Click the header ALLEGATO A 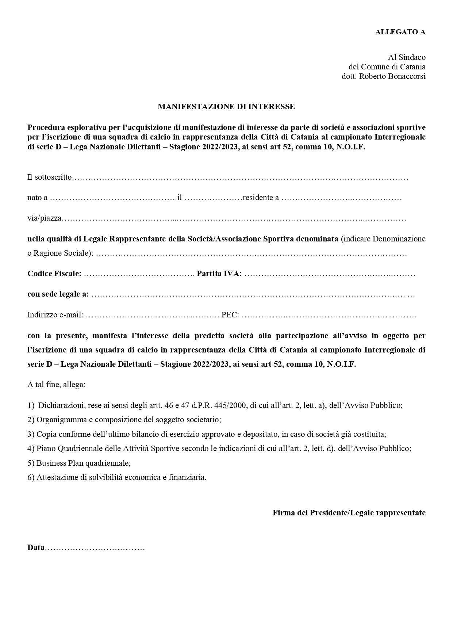pyautogui.click(x=400, y=32)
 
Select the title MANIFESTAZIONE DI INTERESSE pyautogui.click(x=226, y=107)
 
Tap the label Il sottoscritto pyautogui.click(x=50, y=178)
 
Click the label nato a pyautogui.click(x=37, y=198)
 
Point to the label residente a pyautogui.click(x=261, y=198)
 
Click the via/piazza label pyautogui.click(x=44, y=218)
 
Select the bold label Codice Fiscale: pyautogui.click(x=54, y=274)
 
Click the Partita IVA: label pyautogui.click(x=219, y=274)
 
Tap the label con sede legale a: pyautogui.click(x=58, y=294)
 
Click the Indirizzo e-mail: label pyautogui.click(x=55, y=315)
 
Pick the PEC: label pyautogui.click(x=230, y=315)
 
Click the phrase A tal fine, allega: pyautogui.click(x=56, y=385)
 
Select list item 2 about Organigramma pyautogui.click(x=124, y=420)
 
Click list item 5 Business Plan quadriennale pyautogui.click(x=79, y=463)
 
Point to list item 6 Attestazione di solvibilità pyautogui.click(x=117, y=477)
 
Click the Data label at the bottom pyautogui.click(x=36, y=548)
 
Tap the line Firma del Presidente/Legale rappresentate pyautogui.click(x=349, y=513)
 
